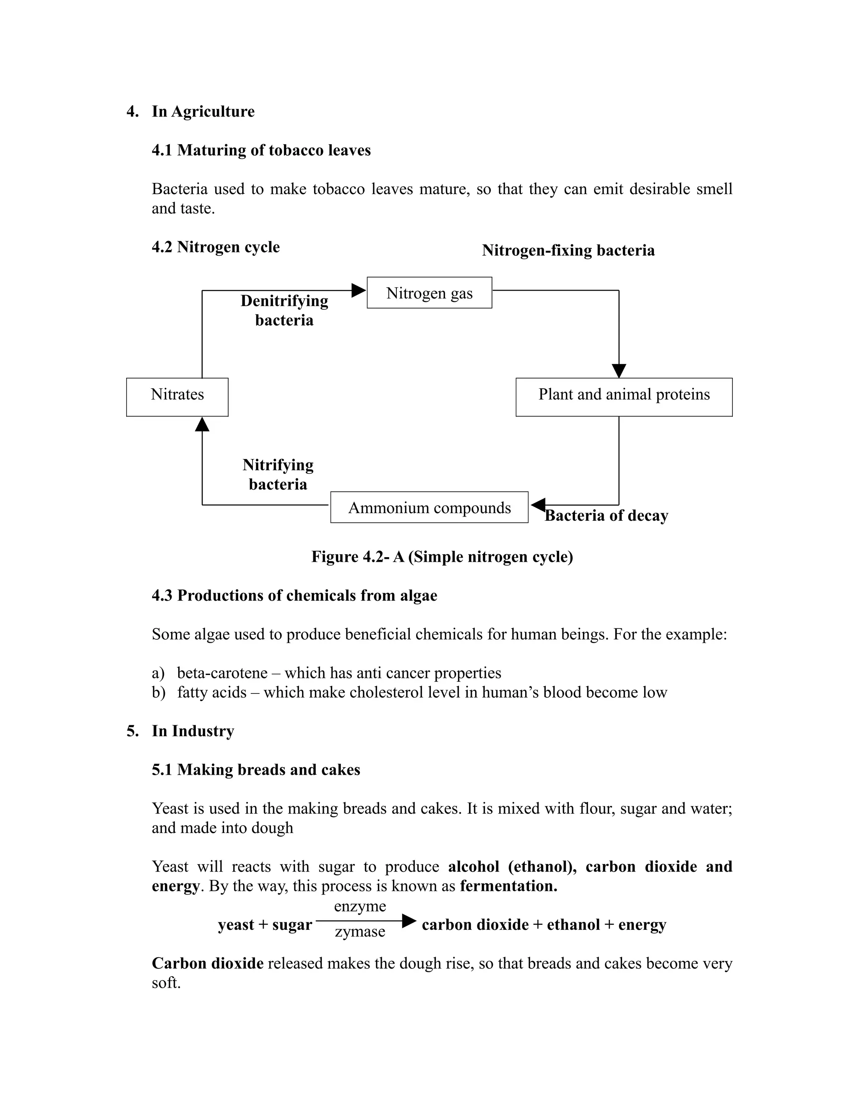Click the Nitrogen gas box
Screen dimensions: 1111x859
pos(429,293)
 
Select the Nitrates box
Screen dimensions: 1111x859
pos(177,397)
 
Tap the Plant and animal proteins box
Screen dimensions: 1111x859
pos(624,397)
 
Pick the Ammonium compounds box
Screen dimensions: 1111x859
pos(429,507)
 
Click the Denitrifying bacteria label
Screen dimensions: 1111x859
pos(284,310)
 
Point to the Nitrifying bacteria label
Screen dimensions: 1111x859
pos(278,474)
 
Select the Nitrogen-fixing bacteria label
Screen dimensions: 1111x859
pos(568,250)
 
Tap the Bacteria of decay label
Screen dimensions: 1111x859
pos(606,516)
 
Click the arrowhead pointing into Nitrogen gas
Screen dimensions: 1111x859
pos(359,291)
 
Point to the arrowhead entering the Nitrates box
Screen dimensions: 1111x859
pos(202,424)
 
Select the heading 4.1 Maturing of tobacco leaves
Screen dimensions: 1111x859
pos(261,151)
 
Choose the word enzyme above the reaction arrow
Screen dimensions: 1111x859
pos(360,906)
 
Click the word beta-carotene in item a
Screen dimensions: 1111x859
pos(222,673)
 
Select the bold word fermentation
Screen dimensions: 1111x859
pos(508,886)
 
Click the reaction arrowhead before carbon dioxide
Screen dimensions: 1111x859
pos(409,920)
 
